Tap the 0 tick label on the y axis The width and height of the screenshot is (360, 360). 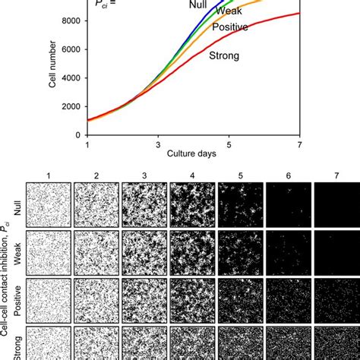(x=76, y=135)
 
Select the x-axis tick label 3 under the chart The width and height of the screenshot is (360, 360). (x=158, y=144)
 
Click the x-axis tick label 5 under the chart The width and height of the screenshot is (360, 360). (x=229, y=144)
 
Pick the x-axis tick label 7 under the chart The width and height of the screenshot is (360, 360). (x=299, y=144)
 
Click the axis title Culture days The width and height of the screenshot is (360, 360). (x=193, y=154)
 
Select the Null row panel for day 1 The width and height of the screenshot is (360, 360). (x=48, y=204)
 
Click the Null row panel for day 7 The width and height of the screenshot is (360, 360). (x=335, y=204)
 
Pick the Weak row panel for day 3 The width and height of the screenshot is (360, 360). (x=144, y=252)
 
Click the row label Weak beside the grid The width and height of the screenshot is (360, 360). (x=16, y=252)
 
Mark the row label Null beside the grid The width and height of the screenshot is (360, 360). (x=16, y=204)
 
